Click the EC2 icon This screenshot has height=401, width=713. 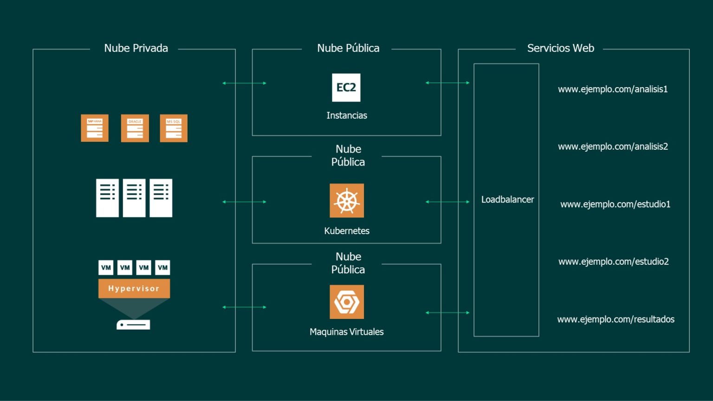click(346, 87)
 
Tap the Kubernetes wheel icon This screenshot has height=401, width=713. click(347, 201)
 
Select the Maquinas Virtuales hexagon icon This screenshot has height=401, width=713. click(347, 302)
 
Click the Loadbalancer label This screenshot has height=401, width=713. click(507, 199)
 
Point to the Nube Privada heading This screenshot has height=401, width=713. click(136, 48)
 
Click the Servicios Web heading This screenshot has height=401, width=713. click(560, 48)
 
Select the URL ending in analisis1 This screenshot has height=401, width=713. click(613, 89)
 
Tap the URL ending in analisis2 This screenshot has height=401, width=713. click(613, 146)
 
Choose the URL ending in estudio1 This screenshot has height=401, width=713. click(615, 204)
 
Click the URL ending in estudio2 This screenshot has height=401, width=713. click(613, 261)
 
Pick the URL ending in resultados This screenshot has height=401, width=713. click(616, 319)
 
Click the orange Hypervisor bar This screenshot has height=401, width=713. click(134, 288)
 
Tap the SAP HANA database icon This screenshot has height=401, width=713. click(95, 128)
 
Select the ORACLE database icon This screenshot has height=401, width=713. click(135, 128)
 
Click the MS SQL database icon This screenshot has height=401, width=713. click(174, 128)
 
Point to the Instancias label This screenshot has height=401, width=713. click(347, 115)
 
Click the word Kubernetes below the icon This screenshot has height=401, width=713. click(347, 231)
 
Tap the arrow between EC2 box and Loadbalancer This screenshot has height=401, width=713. click(447, 83)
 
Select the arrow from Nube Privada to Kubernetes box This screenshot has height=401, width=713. click(244, 202)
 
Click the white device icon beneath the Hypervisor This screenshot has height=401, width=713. click(133, 325)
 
